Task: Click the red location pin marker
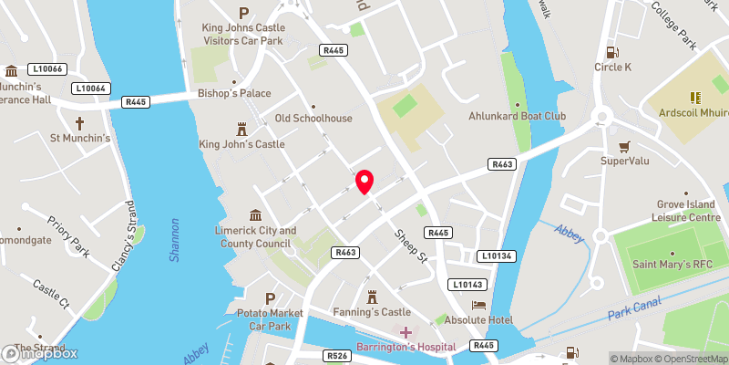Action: point(364,182)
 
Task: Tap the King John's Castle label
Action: point(241,144)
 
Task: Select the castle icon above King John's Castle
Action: point(242,129)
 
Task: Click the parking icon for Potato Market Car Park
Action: point(270,298)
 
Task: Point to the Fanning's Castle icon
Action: point(372,297)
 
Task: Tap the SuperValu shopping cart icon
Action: point(624,146)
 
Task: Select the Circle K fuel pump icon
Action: point(612,51)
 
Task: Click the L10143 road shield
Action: point(468,285)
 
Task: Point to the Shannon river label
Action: point(174,240)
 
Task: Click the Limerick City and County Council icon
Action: point(253,214)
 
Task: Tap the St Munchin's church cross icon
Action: point(79,122)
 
